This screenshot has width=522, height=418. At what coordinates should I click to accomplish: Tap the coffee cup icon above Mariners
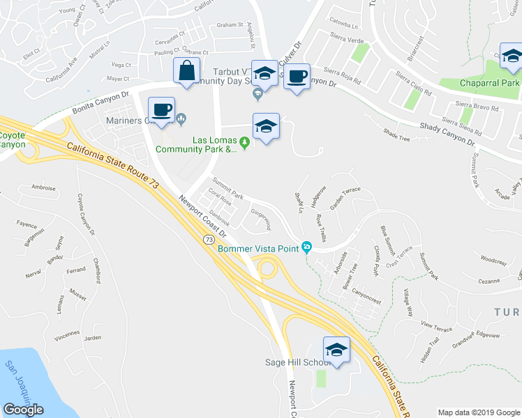click(x=162, y=110)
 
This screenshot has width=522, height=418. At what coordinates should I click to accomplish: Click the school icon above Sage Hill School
click(x=336, y=350)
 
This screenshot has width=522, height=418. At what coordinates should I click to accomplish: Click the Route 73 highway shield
click(x=209, y=239)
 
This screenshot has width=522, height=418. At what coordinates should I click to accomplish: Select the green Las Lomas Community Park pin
click(x=244, y=143)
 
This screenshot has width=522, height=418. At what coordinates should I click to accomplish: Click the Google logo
click(x=23, y=410)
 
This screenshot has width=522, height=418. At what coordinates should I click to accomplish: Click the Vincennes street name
click(x=67, y=334)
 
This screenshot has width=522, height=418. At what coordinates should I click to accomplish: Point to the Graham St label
click(x=228, y=24)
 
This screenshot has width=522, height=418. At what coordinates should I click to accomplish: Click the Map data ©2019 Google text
click(x=478, y=412)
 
